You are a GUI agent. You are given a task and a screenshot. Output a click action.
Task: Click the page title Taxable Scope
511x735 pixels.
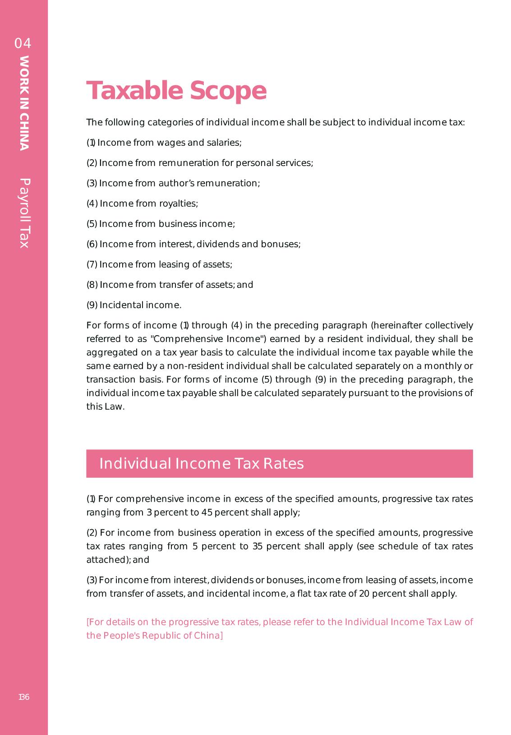(176, 91)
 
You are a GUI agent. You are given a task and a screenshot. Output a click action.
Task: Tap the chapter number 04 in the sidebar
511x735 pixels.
(23, 44)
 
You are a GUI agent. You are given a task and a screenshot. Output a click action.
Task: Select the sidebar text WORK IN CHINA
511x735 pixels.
(24, 103)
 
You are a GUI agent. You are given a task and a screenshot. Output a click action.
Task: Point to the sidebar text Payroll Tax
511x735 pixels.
(24, 213)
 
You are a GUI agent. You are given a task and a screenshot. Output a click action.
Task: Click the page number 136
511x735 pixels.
(24, 697)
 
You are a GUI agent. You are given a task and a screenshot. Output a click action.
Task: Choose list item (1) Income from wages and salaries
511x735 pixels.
(164, 143)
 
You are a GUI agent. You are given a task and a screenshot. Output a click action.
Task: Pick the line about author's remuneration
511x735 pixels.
(173, 183)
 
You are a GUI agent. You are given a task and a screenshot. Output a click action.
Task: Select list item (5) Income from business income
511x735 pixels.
(161, 224)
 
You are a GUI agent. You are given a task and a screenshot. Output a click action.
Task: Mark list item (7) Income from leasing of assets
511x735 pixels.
(159, 264)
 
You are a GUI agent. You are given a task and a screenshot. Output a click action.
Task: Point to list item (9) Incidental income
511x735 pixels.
(134, 305)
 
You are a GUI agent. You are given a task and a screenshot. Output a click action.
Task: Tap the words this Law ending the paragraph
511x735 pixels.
(105, 407)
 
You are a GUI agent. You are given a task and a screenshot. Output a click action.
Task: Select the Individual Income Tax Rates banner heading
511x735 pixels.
(202, 464)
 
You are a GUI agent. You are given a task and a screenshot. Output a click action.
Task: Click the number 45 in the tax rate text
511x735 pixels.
(207, 513)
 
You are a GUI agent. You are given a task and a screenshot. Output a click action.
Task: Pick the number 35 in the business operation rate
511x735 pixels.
(258, 546)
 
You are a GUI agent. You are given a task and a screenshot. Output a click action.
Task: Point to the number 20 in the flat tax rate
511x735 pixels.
(364, 593)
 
